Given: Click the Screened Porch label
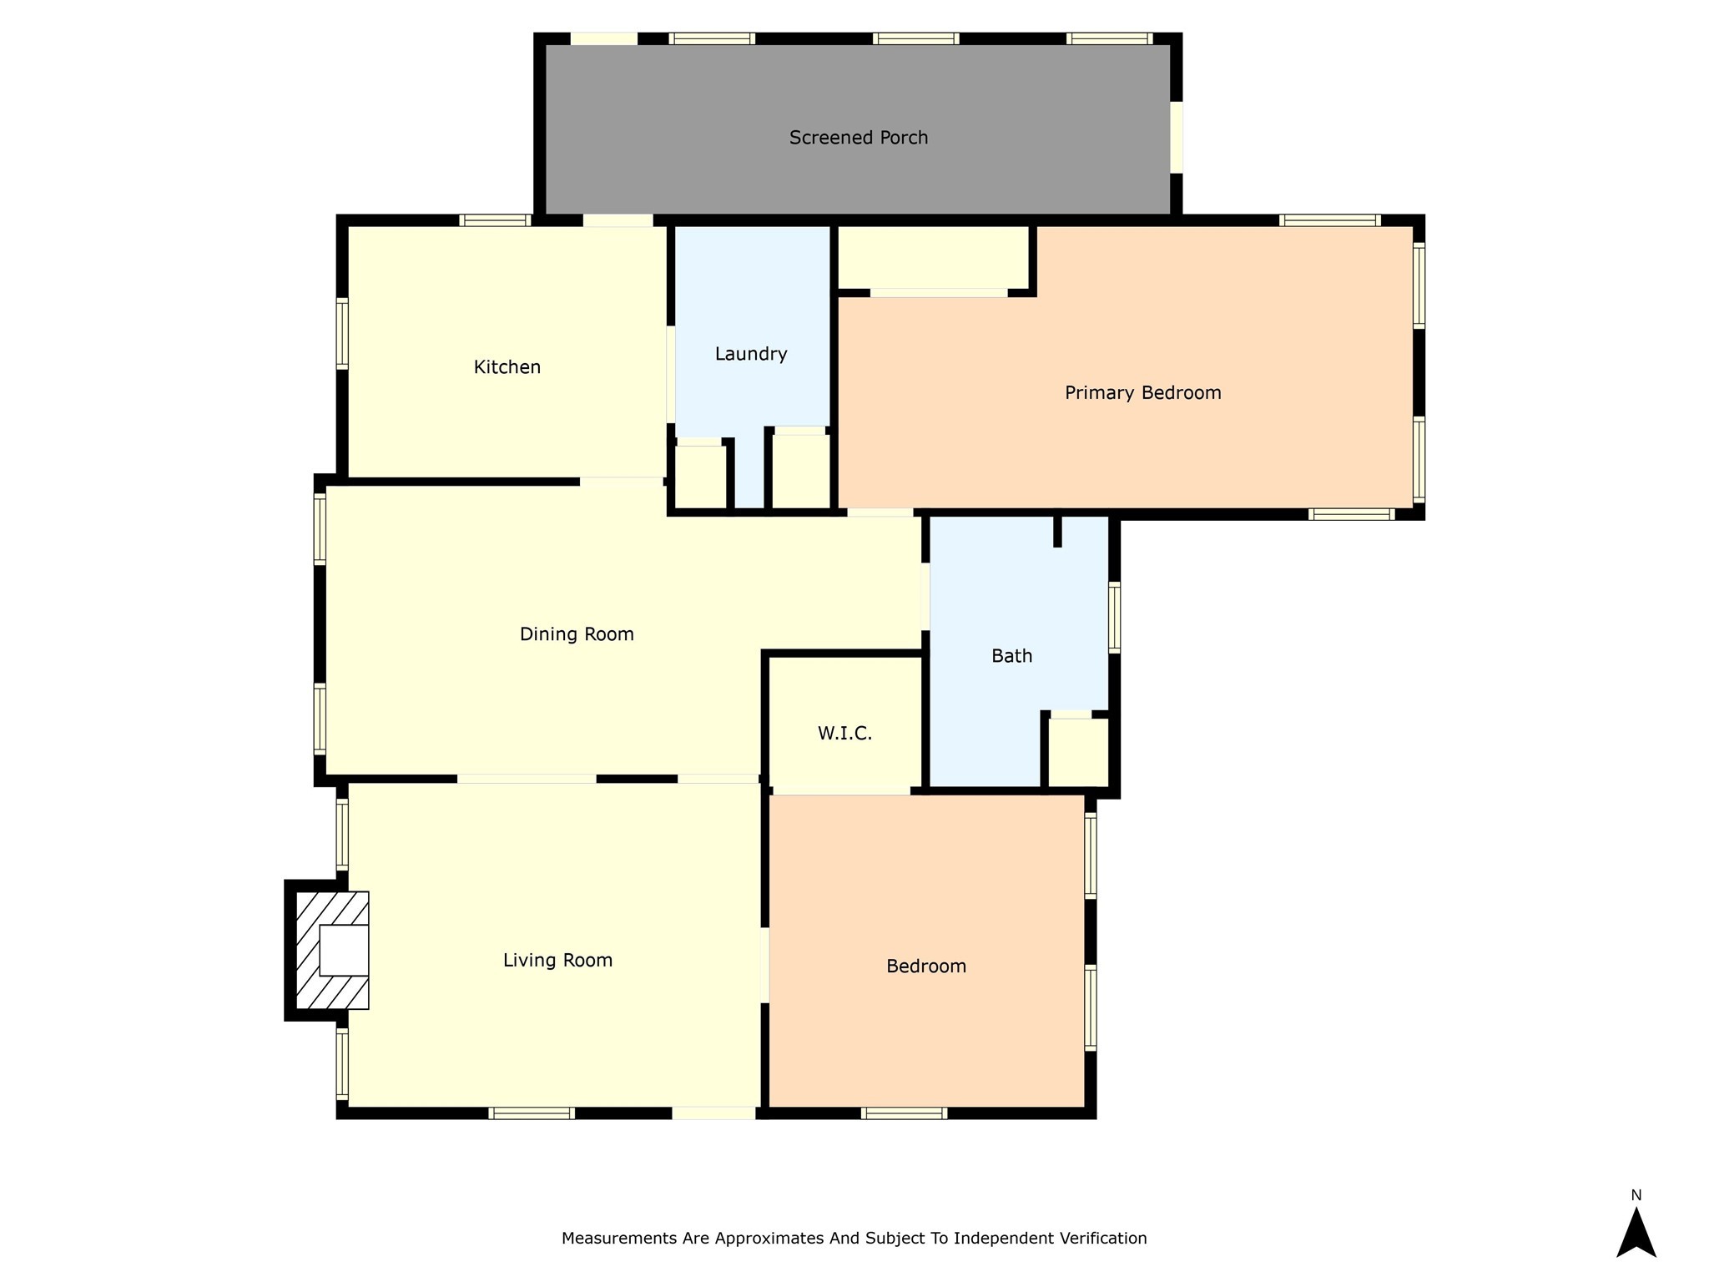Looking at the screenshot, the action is (859, 138).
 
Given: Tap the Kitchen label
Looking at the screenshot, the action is (507, 367).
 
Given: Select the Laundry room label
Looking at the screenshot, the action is (751, 354).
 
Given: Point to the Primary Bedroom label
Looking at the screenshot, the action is (1142, 393).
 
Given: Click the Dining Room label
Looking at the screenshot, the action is (577, 634).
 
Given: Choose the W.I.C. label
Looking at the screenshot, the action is (844, 734).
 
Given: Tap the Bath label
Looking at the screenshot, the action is (1011, 656).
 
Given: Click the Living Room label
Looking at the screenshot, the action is (557, 961).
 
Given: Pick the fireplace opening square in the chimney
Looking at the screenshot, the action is (344, 950).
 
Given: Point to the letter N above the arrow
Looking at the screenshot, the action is (1636, 1195).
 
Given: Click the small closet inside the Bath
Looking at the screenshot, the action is (1078, 752).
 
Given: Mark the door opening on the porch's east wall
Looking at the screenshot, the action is (1177, 138).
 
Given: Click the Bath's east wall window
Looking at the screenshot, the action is (1114, 617).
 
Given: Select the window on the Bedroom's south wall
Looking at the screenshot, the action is (904, 1113).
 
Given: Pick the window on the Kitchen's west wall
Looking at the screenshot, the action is (342, 333).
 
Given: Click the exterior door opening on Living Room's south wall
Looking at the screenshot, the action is (713, 1113).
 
